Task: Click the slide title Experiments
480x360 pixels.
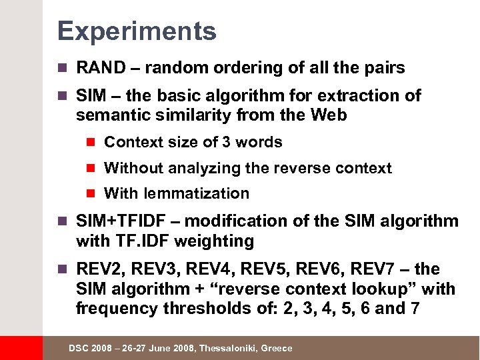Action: [x=137, y=31]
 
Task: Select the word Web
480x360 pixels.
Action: [x=329, y=115]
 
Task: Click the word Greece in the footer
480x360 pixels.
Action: [x=277, y=349]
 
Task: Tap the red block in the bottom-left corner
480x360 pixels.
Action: [x=21, y=348]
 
